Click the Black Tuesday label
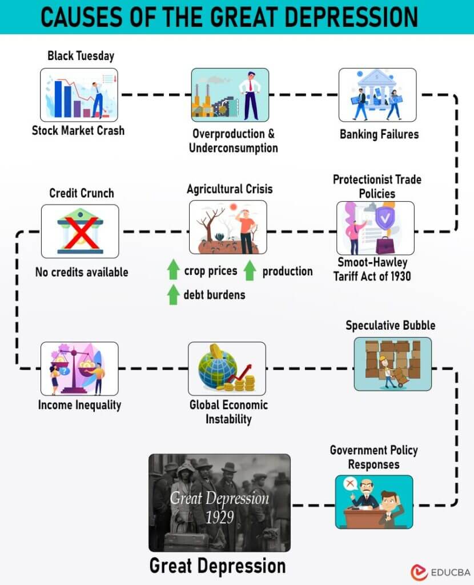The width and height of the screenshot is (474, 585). pyautogui.click(x=81, y=55)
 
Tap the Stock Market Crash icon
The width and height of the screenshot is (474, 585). pyautogui.click(x=79, y=95)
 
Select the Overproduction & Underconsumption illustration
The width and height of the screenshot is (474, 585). pyautogui.click(x=230, y=95)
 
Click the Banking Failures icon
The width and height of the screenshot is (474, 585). pyautogui.click(x=377, y=95)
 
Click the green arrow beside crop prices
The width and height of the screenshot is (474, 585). pyautogui.click(x=174, y=270)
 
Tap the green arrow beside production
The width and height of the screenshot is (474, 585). pyautogui.click(x=249, y=270)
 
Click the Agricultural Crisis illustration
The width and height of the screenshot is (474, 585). pyautogui.click(x=228, y=227)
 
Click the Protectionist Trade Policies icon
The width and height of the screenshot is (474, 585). pyautogui.click(x=375, y=227)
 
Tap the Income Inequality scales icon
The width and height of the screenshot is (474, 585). pyautogui.click(x=79, y=368)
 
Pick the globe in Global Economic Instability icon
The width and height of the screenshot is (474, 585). pyautogui.click(x=217, y=368)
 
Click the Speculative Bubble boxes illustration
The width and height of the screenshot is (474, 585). pyautogui.click(x=392, y=363)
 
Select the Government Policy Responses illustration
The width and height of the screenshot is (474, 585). pyautogui.click(x=373, y=502)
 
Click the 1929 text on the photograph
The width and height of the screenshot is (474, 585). pyautogui.click(x=219, y=516)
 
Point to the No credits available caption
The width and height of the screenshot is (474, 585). pyautogui.click(x=82, y=272)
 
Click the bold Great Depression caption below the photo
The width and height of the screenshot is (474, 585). pyautogui.click(x=217, y=566)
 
